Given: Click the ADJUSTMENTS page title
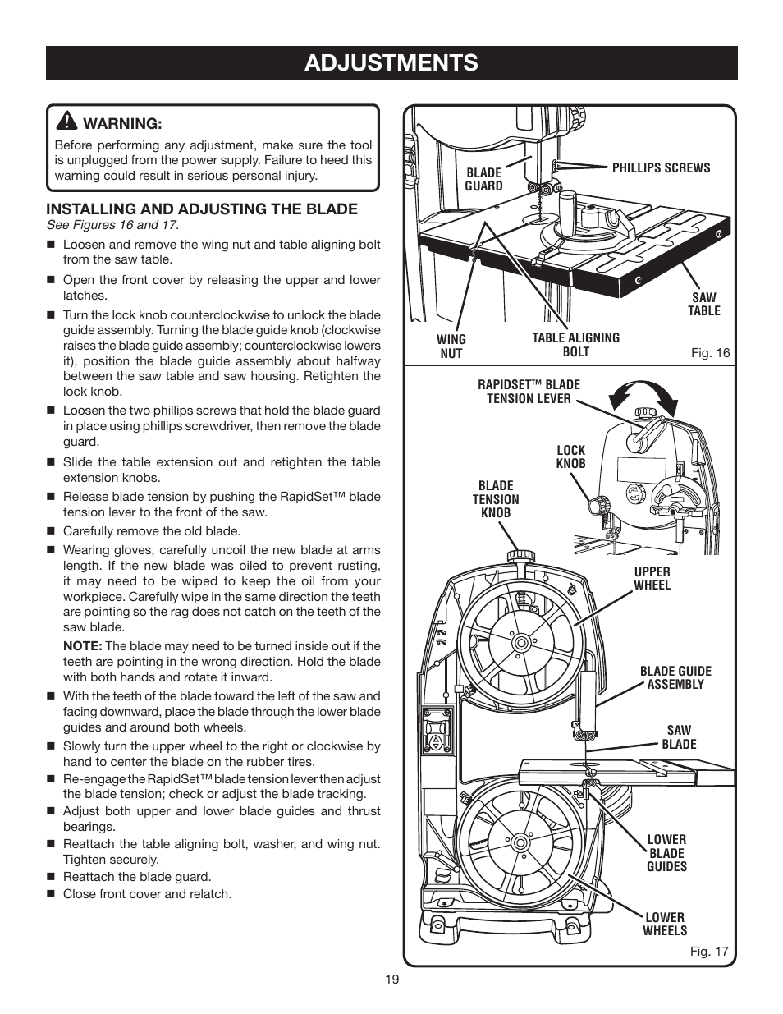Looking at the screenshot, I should coord(391,62).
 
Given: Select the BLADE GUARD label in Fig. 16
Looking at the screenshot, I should coord(483,179).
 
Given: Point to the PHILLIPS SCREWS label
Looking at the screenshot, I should coord(661,167).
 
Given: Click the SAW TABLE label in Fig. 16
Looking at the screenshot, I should coord(703,304).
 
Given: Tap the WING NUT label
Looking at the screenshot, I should coord(451,346).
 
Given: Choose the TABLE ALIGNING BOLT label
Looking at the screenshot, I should coord(575,344).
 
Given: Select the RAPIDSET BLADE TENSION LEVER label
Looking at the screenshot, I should coord(529,391).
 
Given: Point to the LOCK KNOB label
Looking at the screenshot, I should coord(570,457).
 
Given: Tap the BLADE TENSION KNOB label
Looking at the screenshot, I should coord(495,499).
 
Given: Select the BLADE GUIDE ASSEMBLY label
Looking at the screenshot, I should coord(675,677).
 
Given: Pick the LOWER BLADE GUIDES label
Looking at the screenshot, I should coord(666,852).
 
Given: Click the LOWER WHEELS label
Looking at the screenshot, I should coord(664,924).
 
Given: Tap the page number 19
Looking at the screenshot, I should coord(391,979).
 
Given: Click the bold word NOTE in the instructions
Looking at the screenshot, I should coord(82,646).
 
